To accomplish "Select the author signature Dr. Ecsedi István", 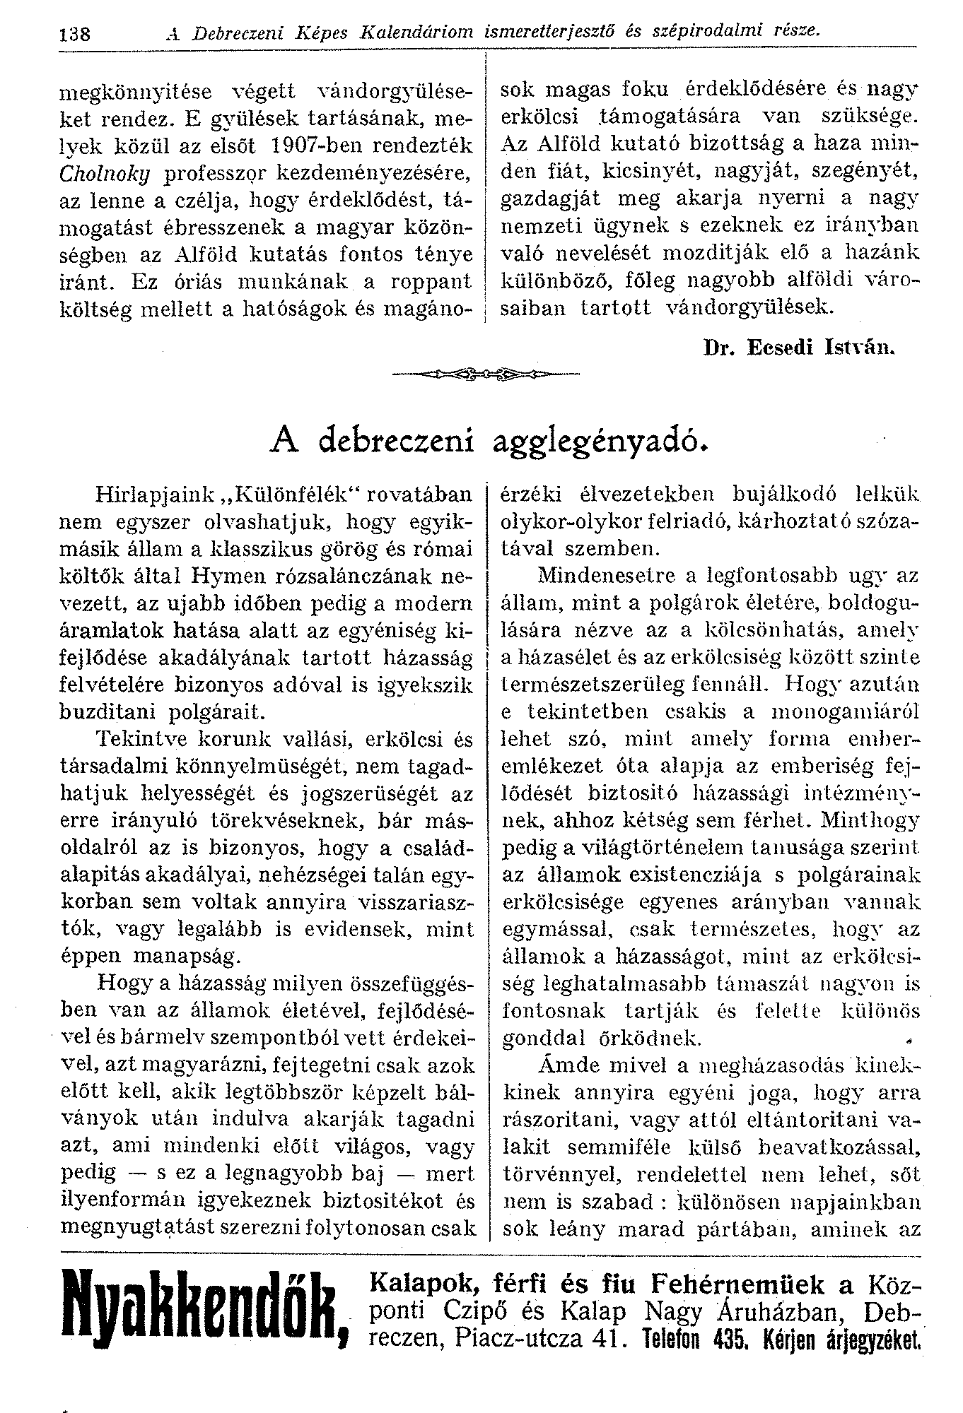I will click(800, 348).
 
